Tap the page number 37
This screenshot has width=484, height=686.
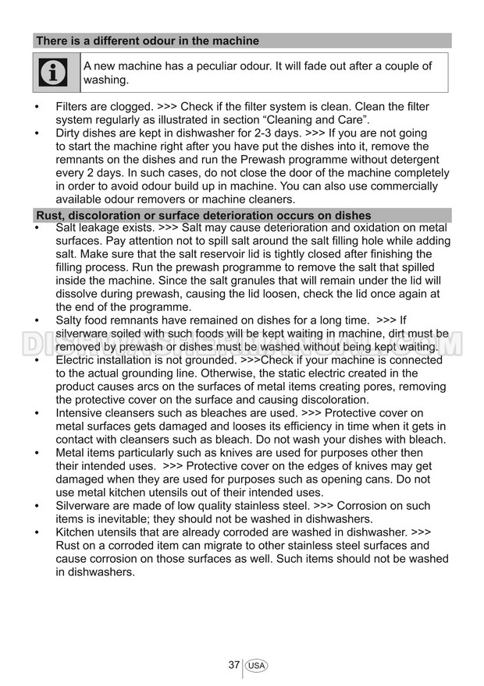click(x=233, y=665)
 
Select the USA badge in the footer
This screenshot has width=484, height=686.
click(x=256, y=666)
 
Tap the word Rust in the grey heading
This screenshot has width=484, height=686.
click(x=50, y=215)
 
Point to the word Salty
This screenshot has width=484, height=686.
click(x=71, y=320)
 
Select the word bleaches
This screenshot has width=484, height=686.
click(x=205, y=413)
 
